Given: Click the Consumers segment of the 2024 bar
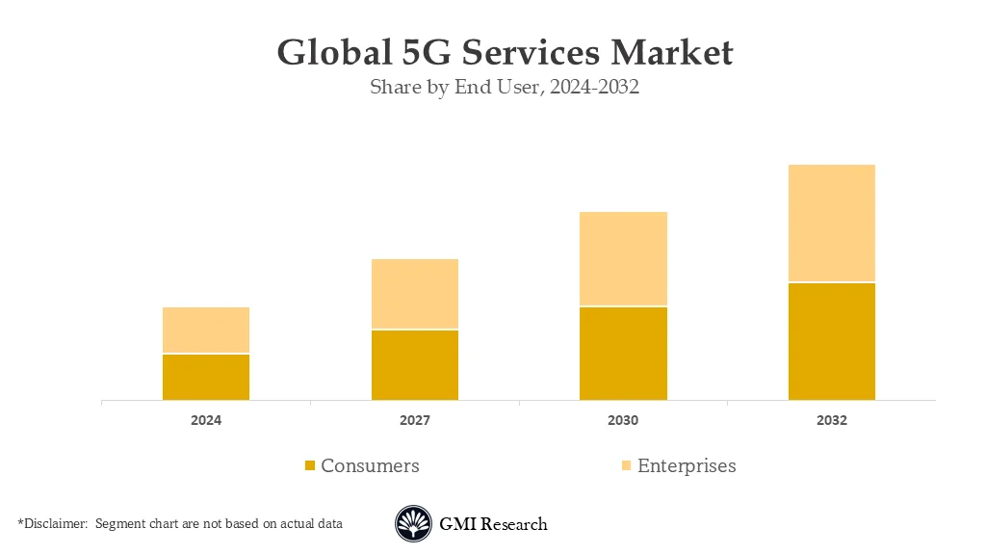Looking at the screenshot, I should [206, 377].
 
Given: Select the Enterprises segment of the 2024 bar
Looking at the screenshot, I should [206, 330].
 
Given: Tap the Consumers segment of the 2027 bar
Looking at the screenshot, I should [415, 365].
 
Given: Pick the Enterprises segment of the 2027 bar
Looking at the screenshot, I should [415, 294].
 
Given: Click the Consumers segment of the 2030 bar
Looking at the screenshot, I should [623, 354].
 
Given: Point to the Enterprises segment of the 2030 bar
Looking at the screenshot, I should [623, 258].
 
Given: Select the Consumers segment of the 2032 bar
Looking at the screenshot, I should [832, 341].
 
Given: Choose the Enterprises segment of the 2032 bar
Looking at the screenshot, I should [832, 223].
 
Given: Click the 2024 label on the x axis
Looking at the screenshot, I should [206, 421].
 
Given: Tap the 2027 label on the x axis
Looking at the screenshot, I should [415, 421].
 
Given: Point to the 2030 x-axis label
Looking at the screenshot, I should [623, 421].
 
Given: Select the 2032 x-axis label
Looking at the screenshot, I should [832, 421].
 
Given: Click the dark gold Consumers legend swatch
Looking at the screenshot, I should [310, 466].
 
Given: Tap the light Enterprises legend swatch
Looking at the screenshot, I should [626, 466].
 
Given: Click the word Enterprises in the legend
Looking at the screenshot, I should [687, 466].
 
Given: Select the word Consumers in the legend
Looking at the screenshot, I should [370, 466].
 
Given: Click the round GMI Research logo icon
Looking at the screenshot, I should [413, 524].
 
